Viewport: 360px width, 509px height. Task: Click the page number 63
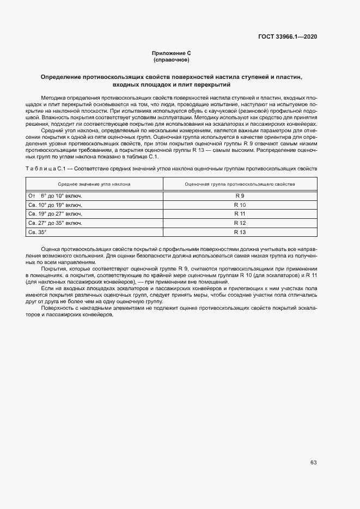point(314,462)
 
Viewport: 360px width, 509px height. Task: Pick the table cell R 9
point(240,195)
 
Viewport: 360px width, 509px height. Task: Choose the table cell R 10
point(240,205)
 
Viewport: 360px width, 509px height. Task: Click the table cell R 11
point(240,214)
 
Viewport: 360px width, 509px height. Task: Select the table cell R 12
point(240,223)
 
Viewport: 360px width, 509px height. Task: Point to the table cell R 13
point(240,232)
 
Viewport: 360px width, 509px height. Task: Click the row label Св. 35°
point(38,232)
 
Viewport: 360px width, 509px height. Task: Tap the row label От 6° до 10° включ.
point(54,195)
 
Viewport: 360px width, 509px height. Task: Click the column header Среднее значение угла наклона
point(94,184)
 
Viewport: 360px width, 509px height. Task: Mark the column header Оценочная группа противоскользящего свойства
point(240,184)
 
